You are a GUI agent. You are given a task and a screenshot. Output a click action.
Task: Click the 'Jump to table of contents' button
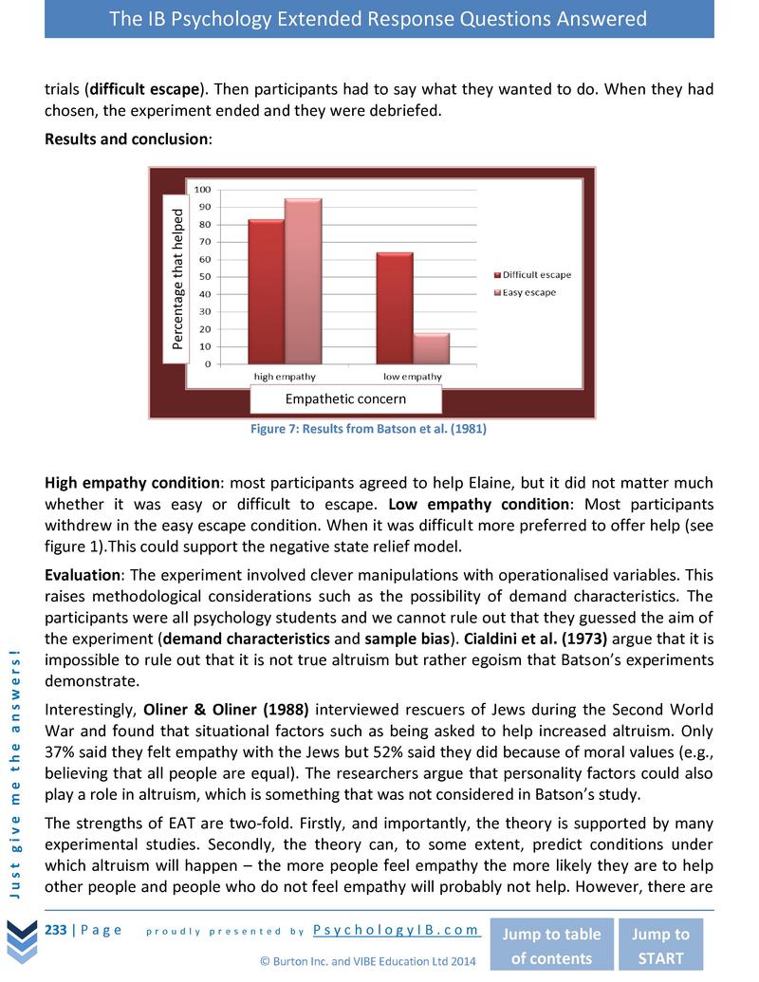point(551,945)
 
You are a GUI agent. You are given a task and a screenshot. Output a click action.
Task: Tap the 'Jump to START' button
point(660,945)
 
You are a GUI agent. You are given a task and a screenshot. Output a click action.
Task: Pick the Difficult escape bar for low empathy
point(394,307)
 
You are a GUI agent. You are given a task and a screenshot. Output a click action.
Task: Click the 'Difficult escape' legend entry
point(531,275)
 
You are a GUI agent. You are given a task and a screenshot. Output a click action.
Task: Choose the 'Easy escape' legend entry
point(524,292)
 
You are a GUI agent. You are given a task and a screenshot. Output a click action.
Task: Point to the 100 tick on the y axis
point(203,190)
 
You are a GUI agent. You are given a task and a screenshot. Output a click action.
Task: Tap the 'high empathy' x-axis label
point(285,377)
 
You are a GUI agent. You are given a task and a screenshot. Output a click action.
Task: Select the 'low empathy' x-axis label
point(412,377)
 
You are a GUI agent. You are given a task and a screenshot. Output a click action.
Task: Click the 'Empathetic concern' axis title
point(345,399)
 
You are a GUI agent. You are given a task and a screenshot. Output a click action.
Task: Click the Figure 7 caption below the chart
point(368,429)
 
